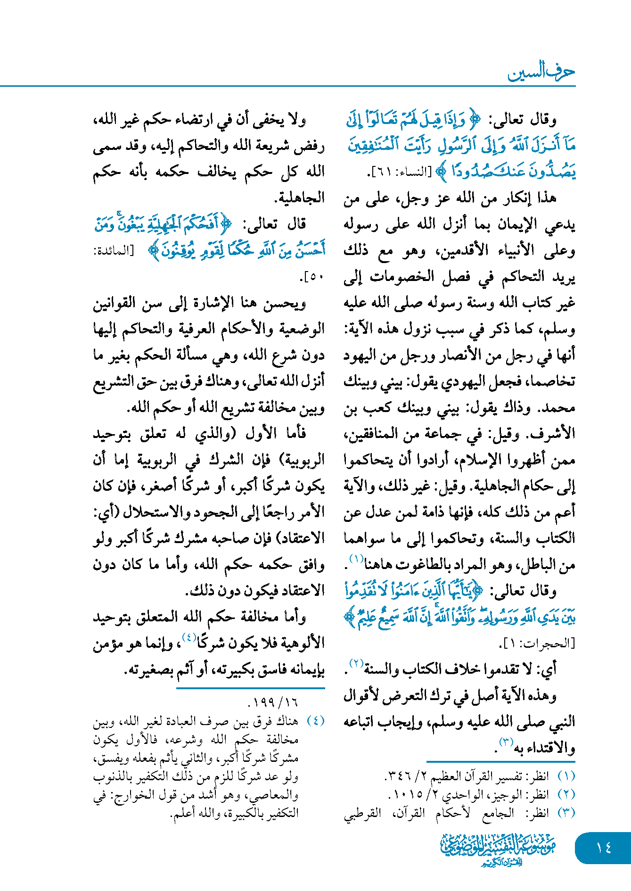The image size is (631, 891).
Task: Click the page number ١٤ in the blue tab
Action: [603, 848]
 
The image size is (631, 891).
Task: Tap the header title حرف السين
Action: [541, 72]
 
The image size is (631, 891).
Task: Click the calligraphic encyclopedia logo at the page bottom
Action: [499, 849]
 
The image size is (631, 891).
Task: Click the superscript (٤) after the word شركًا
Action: [189, 637]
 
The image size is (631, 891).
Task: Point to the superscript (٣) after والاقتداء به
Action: [506, 742]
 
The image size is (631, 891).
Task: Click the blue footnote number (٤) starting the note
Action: [316, 721]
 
